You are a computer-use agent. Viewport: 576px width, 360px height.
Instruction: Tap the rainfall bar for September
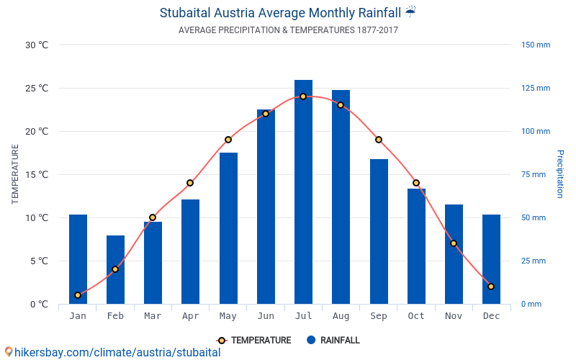pos(379,230)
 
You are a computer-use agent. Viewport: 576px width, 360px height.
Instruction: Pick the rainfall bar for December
pos(491,259)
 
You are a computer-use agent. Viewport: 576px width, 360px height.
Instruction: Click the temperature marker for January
pos(78,295)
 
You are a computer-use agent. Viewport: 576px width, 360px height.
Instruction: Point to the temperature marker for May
pos(228,140)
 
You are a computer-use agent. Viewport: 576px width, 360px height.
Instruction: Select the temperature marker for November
pos(454,243)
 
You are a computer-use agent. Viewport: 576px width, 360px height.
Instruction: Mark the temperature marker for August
pos(341,105)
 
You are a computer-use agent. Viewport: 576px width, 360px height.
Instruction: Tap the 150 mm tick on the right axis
pos(535,45)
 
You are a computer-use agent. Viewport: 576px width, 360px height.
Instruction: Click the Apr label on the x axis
pos(190,316)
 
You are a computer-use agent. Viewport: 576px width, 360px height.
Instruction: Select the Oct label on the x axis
pos(416,316)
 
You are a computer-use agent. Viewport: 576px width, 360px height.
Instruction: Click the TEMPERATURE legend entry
pos(254,341)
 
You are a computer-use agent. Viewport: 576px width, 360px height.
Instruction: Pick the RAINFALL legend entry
pos(333,341)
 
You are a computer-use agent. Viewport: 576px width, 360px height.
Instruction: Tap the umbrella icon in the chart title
pos(410,12)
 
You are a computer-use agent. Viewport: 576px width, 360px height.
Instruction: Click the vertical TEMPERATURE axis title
pos(15,174)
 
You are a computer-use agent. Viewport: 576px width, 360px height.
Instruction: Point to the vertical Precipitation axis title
pos(559,174)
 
